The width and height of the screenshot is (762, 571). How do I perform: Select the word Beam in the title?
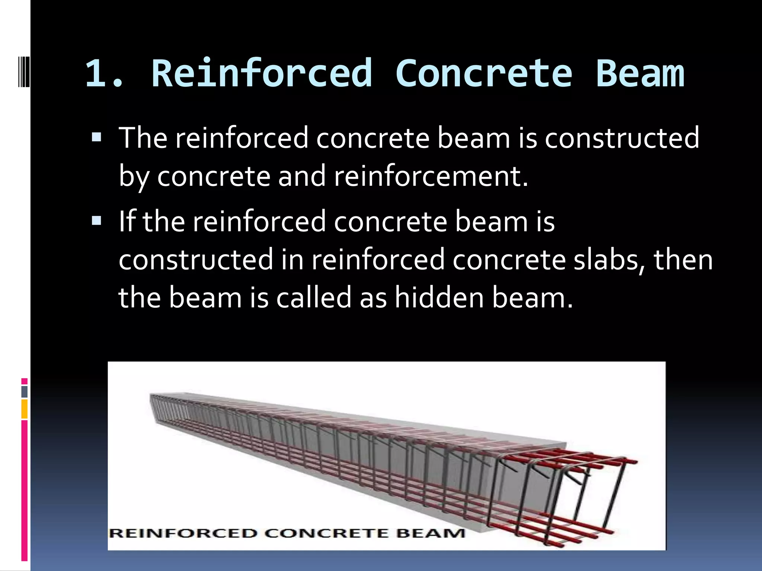640,73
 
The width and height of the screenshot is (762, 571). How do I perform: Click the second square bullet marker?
96,222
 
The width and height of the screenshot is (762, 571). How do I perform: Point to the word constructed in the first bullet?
622,138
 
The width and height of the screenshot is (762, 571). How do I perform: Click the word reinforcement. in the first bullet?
431,176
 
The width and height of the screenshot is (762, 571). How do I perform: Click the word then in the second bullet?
683,260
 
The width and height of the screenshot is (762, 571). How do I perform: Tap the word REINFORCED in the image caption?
183,533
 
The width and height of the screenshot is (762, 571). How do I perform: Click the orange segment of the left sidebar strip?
24,409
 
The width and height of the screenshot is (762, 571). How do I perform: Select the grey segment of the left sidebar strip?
24,392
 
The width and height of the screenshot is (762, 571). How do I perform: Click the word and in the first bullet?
302,176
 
